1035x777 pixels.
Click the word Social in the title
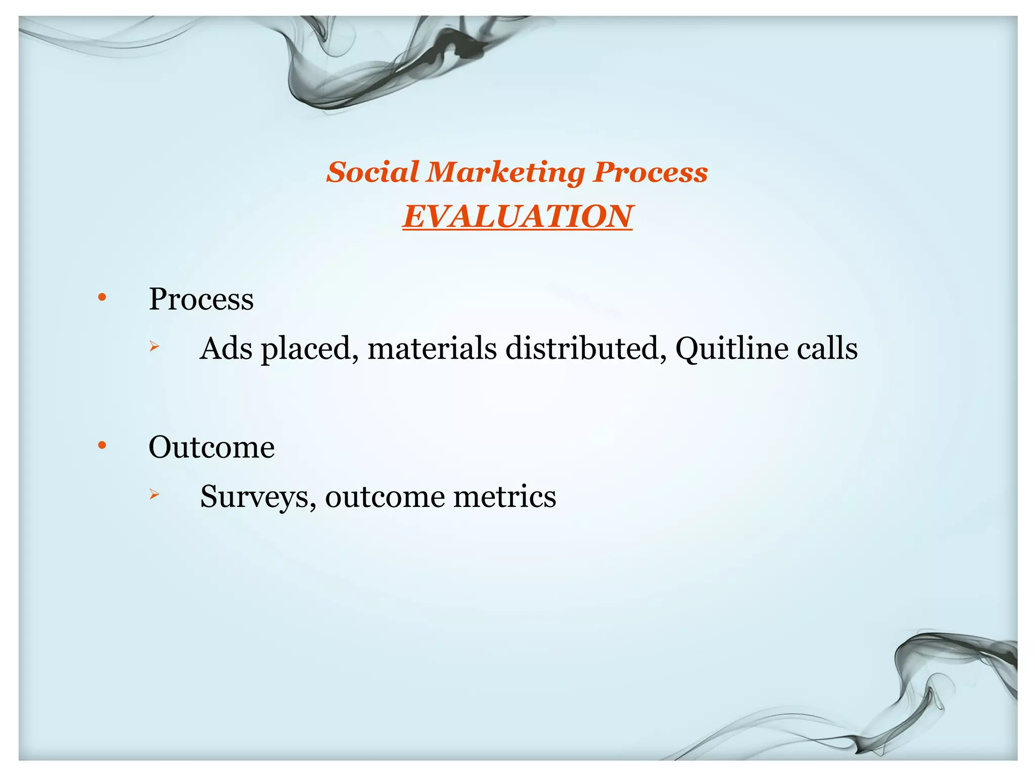(x=372, y=172)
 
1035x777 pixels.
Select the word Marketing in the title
(x=505, y=173)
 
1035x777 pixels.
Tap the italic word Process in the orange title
(x=650, y=173)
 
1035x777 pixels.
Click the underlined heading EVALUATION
(x=517, y=217)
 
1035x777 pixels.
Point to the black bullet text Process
(x=201, y=299)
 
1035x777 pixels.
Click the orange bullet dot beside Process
(x=102, y=297)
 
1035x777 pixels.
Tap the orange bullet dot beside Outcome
(x=102, y=446)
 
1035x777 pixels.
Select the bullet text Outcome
(x=211, y=447)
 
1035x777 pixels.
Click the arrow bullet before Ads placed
(x=154, y=347)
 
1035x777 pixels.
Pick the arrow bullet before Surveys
(x=154, y=495)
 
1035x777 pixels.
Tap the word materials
(x=432, y=349)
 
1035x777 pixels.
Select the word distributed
(x=586, y=349)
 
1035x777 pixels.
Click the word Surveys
(x=258, y=497)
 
